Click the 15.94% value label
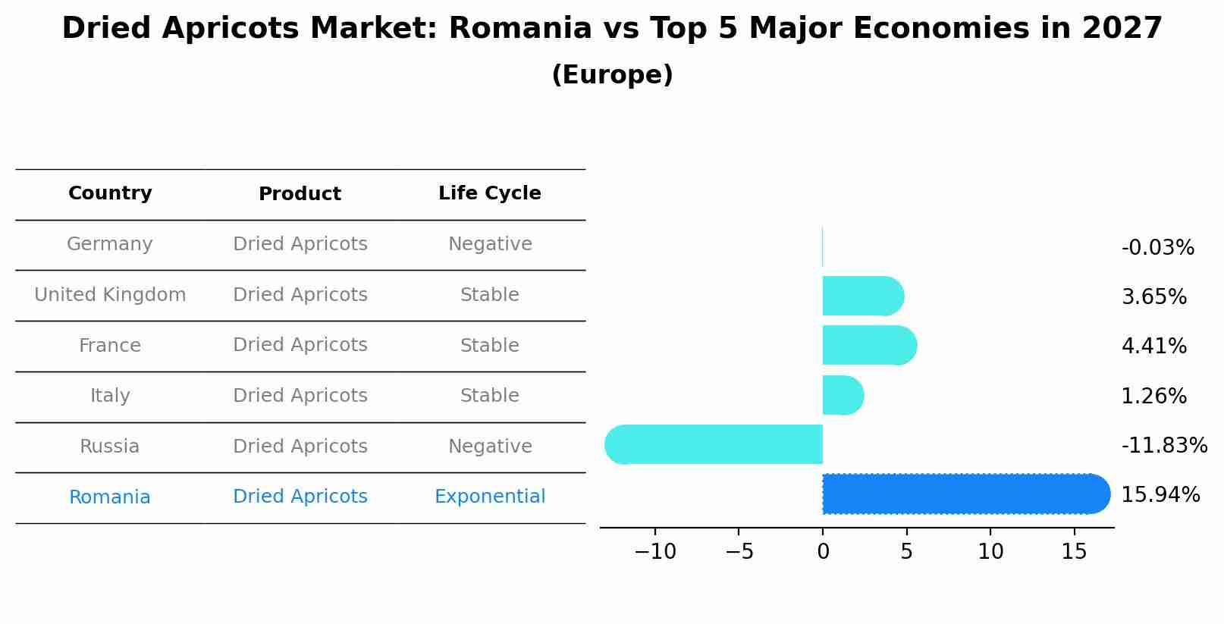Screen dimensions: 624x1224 click(x=1160, y=495)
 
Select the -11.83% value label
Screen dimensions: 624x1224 click(x=1163, y=446)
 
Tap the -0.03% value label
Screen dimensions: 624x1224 click(x=1157, y=248)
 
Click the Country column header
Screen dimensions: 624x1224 click(x=110, y=193)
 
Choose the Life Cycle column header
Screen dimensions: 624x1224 click(x=489, y=193)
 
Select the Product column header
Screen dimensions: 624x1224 click(x=300, y=194)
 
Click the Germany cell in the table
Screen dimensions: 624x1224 click(x=110, y=244)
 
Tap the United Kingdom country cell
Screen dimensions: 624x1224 click(x=110, y=295)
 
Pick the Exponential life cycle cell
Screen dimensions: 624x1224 click(x=489, y=497)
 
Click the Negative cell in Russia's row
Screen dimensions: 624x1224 click(x=489, y=447)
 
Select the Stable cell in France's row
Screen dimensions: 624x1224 click(x=489, y=346)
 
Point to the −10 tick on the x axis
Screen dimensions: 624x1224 click(x=655, y=552)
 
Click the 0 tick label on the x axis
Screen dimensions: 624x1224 click(x=823, y=552)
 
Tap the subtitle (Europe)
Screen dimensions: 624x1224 click(x=612, y=75)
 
